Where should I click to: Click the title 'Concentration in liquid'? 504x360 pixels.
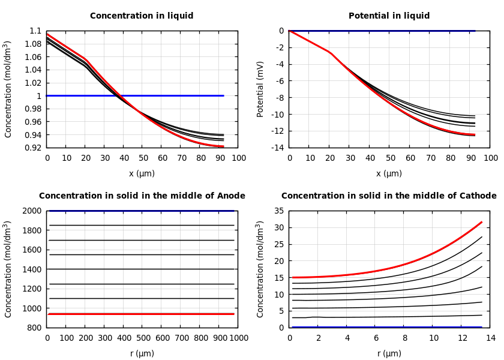click(x=142, y=16)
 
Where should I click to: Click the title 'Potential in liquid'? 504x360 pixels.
click(x=389, y=16)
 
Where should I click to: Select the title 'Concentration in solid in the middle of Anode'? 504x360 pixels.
click(x=142, y=196)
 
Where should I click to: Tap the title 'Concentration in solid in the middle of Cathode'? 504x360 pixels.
click(x=389, y=196)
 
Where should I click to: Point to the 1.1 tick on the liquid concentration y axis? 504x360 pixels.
click(x=36, y=31)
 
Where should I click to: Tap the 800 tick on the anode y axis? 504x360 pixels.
click(x=35, y=328)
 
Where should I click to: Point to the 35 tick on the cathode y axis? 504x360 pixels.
click(x=278, y=211)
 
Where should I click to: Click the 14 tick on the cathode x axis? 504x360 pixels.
click(x=490, y=338)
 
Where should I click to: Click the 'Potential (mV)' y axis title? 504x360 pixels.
click(x=260, y=89)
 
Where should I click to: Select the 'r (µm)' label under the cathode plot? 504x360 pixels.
click(x=389, y=353)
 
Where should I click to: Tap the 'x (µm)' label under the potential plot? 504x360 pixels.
click(x=389, y=173)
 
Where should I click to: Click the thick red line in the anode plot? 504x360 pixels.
click(x=142, y=314)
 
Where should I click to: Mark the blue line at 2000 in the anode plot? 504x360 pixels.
click(x=142, y=211)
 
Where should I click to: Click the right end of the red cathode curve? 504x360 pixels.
click(x=481, y=223)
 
